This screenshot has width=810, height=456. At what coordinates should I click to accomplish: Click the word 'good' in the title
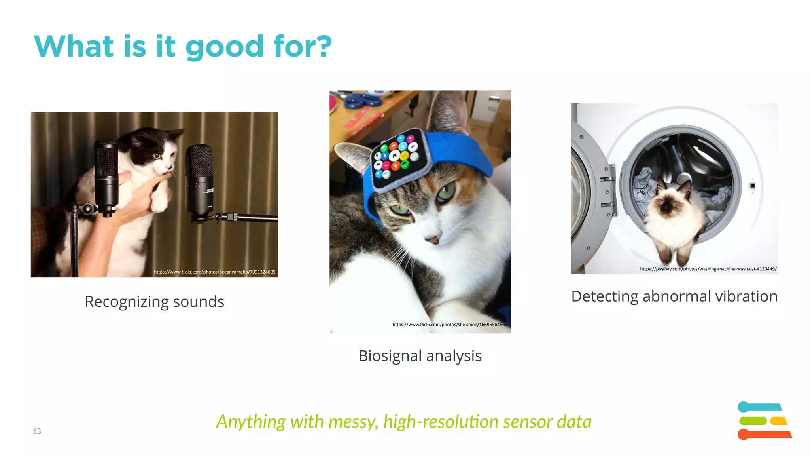click(224, 47)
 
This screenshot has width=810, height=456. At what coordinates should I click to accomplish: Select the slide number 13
click(37, 431)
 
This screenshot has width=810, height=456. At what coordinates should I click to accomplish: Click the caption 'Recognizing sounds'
click(154, 302)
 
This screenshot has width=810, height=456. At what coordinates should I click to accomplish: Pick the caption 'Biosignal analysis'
click(420, 355)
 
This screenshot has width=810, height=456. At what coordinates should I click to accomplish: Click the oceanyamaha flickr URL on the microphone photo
click(214, 272)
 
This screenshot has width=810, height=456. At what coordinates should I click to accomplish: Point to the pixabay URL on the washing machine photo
click(708, 269)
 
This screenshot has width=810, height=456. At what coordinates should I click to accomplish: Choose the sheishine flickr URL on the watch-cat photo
click(449, 325)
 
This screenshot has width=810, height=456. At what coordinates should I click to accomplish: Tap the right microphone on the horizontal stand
click(200, 182)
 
